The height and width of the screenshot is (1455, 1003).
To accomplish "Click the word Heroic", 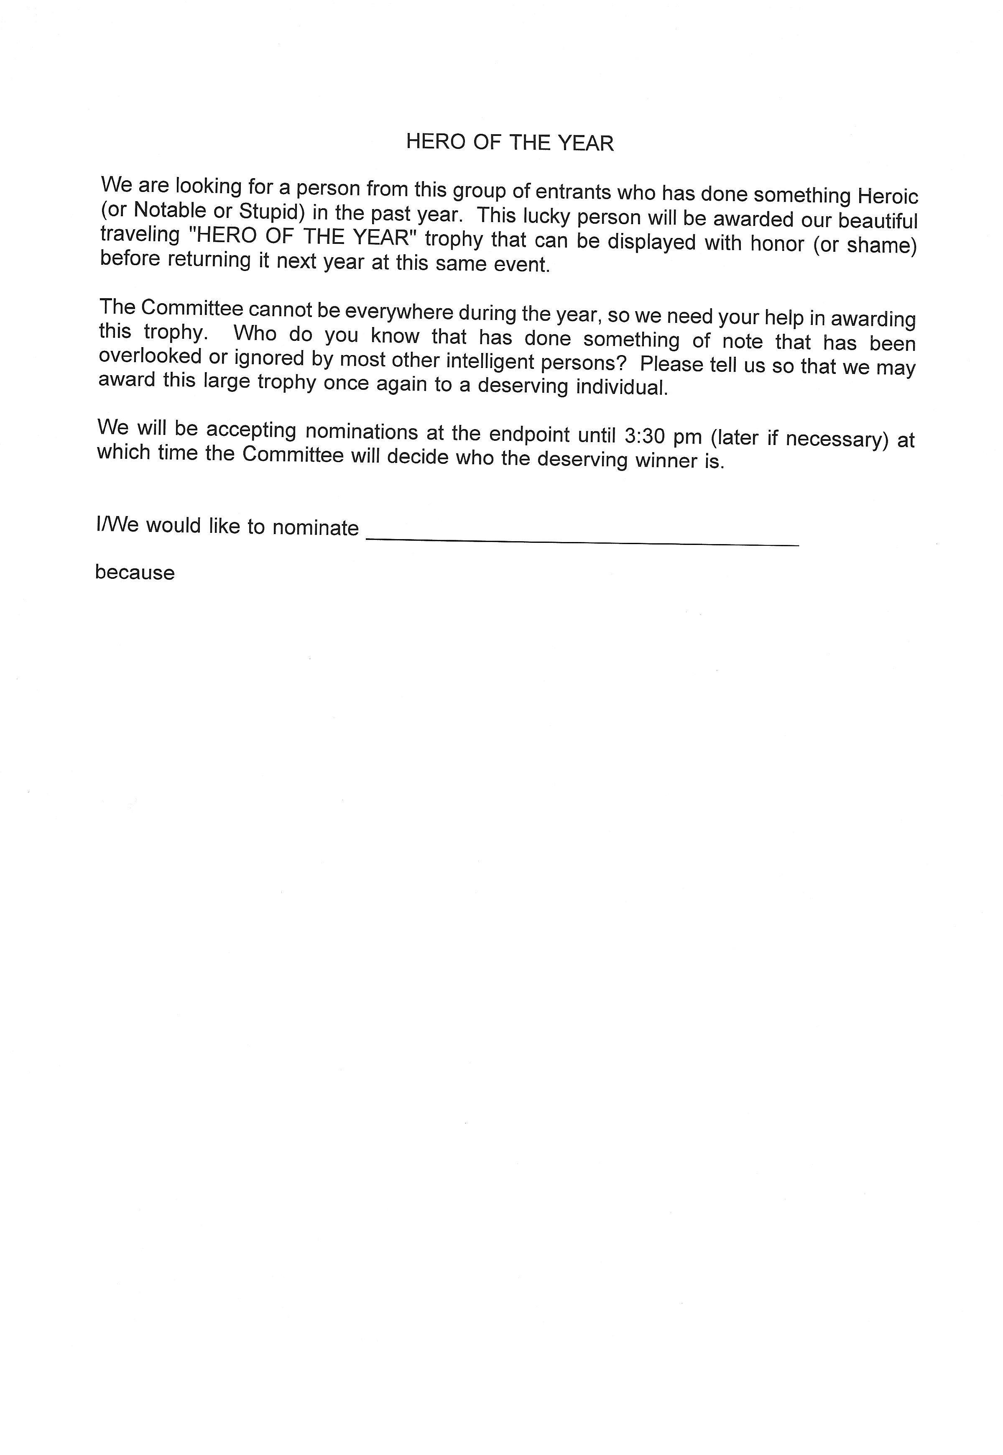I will pos(887,196).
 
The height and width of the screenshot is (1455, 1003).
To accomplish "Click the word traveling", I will pos(140,235).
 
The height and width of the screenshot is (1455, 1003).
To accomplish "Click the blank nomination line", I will pos(582,540).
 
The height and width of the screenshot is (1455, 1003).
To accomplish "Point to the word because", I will pos(135,573).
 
